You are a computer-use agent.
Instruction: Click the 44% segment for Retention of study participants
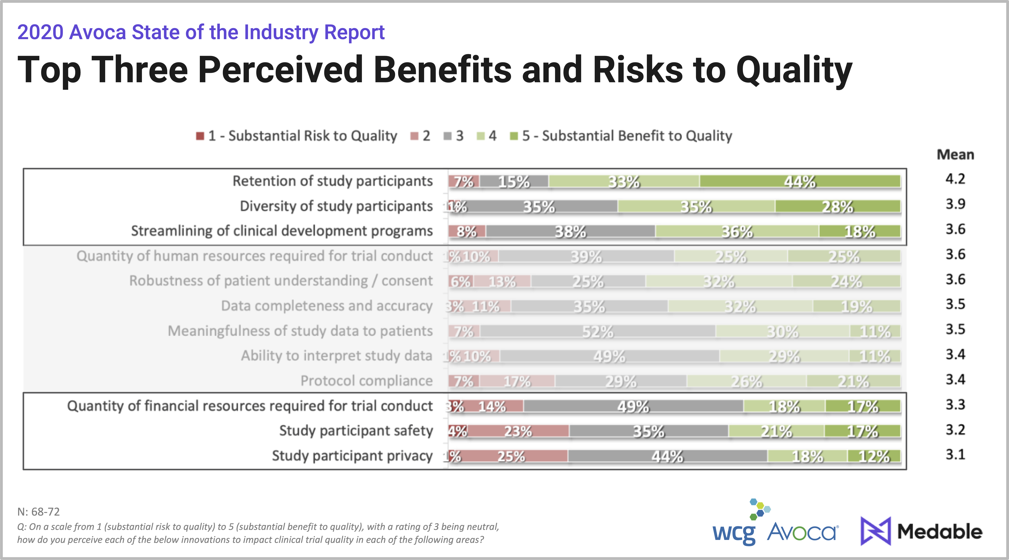pos(800,181)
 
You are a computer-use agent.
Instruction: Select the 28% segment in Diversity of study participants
pos(837,206)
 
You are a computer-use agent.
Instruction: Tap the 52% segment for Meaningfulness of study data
pos(598,331)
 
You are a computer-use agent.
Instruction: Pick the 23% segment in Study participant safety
pos(518,431)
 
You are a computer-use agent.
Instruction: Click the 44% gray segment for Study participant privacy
pos(667,456)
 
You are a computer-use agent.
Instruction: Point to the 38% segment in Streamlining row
pos(570,231)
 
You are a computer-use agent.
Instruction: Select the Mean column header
pos(955,155)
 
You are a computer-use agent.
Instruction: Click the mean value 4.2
pos(955,179)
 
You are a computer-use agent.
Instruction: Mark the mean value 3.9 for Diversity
pos(955,204)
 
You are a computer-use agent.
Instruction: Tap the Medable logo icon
pos(876,531)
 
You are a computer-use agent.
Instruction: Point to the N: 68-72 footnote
pos(38,512)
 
